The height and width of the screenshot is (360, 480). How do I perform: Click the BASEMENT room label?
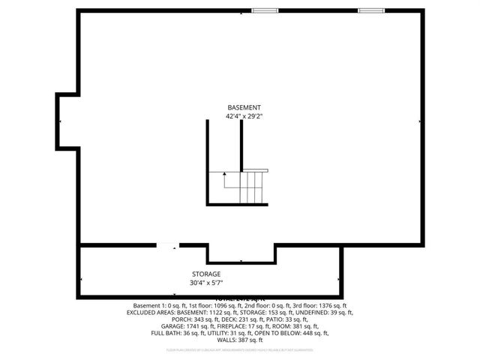[x=244, y=108]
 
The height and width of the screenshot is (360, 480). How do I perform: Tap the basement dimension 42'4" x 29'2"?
[x=244, y=117]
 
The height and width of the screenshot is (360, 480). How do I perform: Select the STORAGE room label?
[x=205, y=274]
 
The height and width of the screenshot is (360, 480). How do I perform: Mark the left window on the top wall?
[x=264, y=10]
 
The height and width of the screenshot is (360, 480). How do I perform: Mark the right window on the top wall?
[x=370, y=10]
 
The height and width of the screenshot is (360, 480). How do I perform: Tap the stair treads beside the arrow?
[x=253, y=187]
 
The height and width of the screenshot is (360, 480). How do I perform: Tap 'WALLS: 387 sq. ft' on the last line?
[x=240, y=340]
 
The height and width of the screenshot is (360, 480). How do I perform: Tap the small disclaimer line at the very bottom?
[x=240, y=349]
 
